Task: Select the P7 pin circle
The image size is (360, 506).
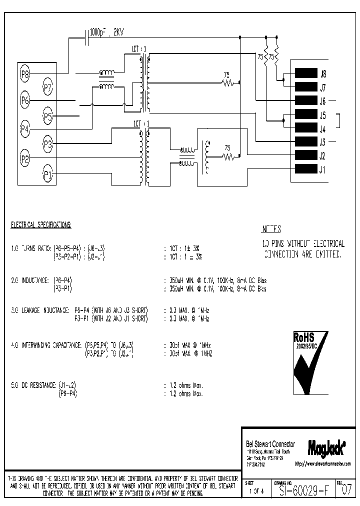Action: coord(47,88)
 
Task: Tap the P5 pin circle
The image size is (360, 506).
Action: coord(47,117)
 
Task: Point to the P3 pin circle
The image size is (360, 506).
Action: coord(47,145)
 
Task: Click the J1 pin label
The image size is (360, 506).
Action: coord(322,169)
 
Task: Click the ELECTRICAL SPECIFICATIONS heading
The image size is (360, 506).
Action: coord(41,225)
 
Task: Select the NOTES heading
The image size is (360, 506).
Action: coord(271,229)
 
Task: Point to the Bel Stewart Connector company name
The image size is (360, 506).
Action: coord(270,444)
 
